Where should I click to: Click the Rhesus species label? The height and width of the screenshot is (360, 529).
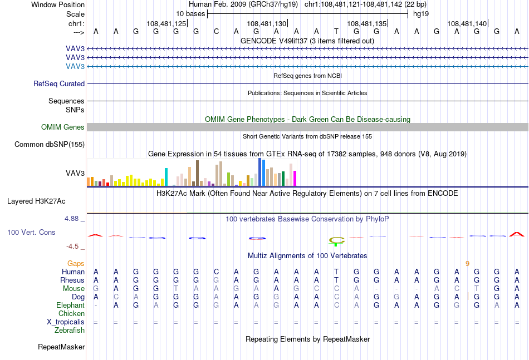pyautogui.click(x=72, y=280)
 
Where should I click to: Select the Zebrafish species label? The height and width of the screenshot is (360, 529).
pyautogui.click(x=70, y=331)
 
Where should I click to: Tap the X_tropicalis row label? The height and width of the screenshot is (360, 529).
pyautogui.click(x=66, y=322)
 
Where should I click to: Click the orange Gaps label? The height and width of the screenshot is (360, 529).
pyautogui.click(x=76, y=264)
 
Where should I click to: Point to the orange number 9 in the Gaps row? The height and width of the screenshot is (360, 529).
pyautogui.click(x=467, y=264)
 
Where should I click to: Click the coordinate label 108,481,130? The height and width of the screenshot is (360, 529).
pyautogui.click(x=267, y=23)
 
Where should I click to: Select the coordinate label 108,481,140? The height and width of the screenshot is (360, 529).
pyautogui.click(x=467, y=23)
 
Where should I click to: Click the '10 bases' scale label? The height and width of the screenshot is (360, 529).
pyautogui.click(x=190, y=14)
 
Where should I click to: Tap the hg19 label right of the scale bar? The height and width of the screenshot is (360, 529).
pyautogui.click(x=421, y=14)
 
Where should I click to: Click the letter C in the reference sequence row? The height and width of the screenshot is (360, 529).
pyautogui.click(x=216, y=32)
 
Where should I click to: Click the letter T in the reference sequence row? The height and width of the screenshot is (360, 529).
pyautogui.click(x=336, y=32)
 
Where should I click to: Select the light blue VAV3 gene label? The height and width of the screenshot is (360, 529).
pyautogui.click(x=75, y=66)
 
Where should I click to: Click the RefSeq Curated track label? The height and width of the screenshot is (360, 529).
pyautogui.click(x=59, y=83)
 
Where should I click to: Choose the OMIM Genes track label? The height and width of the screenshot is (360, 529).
pyautogui.click(x=63, y=127)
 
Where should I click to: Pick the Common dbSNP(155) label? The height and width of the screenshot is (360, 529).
pyautogui.click(x=50, y=144)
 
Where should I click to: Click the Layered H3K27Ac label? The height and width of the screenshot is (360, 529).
pyautogui.click(x=36, y=201)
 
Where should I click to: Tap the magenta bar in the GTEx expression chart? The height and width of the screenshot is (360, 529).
pyautogui.click(x=295, y=178)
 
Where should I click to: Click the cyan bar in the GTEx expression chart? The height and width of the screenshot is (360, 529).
pyautogui.click(x=166, y=177)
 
